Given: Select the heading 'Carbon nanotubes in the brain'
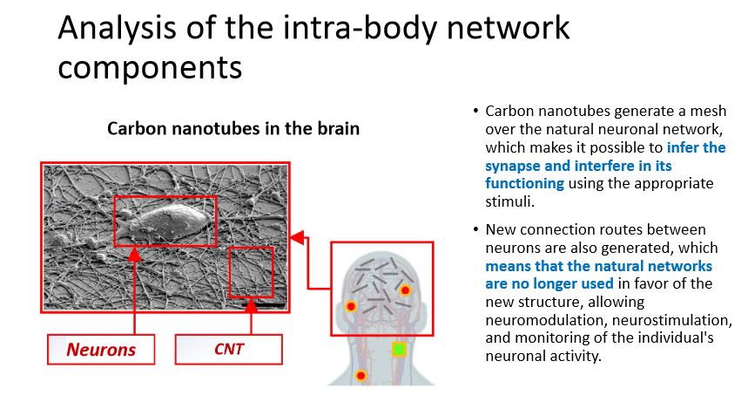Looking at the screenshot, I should (233, 128).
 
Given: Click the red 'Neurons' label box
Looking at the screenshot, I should (101, 350).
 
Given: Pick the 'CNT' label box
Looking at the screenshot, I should (229, 350).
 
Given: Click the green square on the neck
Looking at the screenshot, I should (399, 349).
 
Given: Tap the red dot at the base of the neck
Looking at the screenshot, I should (361, 376).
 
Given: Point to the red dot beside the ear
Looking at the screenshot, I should (351, 306).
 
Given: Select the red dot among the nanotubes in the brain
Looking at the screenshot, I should (405, 290).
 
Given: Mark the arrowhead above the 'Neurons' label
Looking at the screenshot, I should (135, 256).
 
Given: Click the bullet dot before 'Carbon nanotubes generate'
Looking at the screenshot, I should (475, 112).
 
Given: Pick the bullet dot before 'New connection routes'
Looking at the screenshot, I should (475, 230).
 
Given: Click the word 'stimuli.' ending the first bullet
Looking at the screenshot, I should (509, 201).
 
